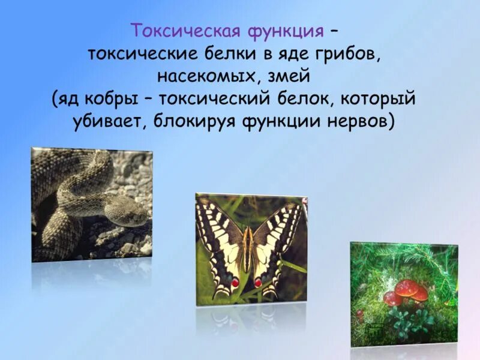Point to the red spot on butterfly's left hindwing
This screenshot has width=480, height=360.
click(x=235, y=281)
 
